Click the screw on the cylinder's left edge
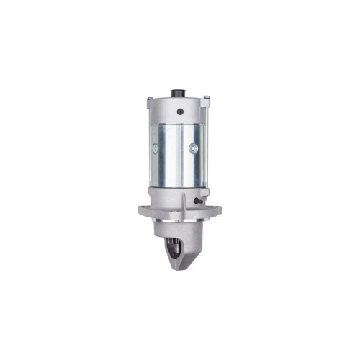pos(153,147)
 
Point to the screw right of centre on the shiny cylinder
pos(192,148)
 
